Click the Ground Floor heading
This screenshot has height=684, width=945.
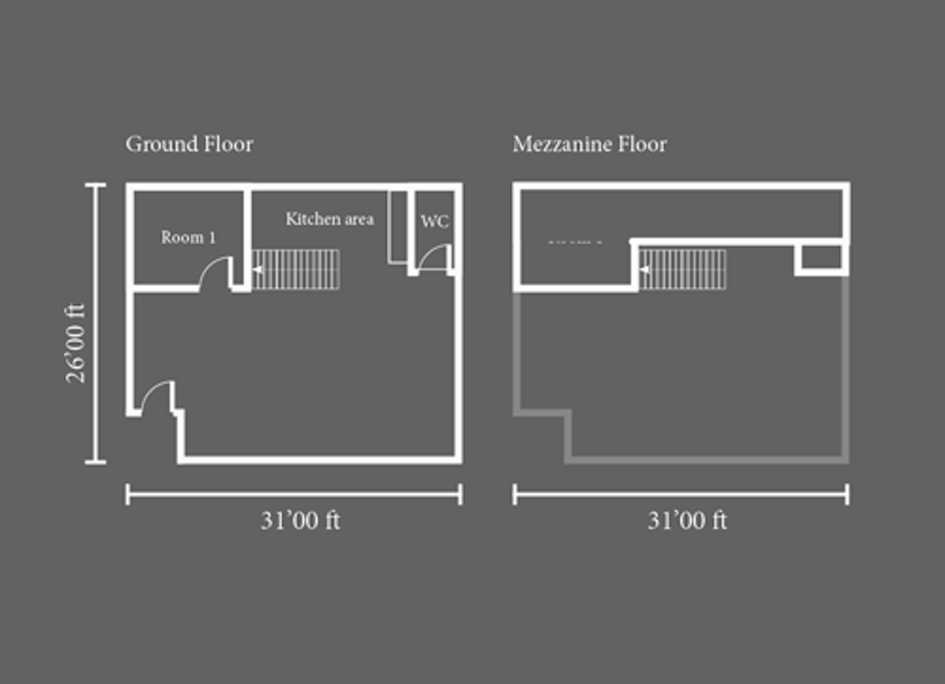pyautogui.click(x=189, y=145)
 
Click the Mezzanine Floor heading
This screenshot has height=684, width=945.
pyautogui.click(x=590, y=145)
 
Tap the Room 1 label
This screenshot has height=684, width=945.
pyautogui.click(x=188, y=237)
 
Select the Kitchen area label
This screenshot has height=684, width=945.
pyautogui.click(x=330, y=219)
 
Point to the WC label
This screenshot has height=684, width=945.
pyautogui.click(x=435, y=222)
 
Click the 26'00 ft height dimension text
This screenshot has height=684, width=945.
pyautogui.click(x=76, y=343)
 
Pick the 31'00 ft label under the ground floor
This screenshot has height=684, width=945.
pyautogui.click(x=301, y=521)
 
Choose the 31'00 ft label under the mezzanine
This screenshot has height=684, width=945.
pyautogui.click(x=687, y=521)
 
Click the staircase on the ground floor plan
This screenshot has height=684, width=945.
pyautogui.click(x=296, y=269)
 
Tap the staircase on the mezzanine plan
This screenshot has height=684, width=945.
pyautogui.click(x=683, y=269)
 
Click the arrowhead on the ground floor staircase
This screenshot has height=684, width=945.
pyautogui.click(x=257, y=269)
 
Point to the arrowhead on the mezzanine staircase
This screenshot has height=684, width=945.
pyautogui.click(x=644, y=269)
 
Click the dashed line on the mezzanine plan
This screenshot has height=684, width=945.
pyautogui.click(x=575, y=242)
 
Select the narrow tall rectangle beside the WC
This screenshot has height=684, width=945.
pyautogui.click(x=398, y=227)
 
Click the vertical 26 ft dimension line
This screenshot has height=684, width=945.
pyautogui.click(x=95, y=324)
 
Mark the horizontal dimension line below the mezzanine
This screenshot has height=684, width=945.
pyautogui.click(x=681, y=495)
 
